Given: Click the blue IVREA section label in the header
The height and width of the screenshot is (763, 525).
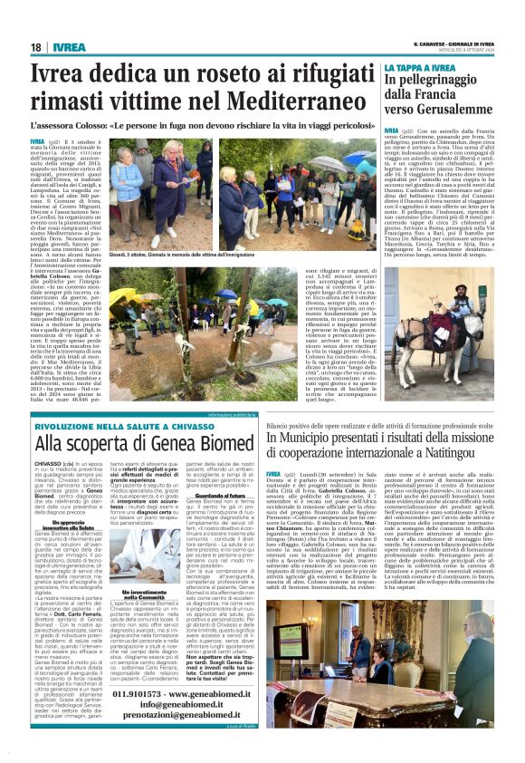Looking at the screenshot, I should click(68, 47).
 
